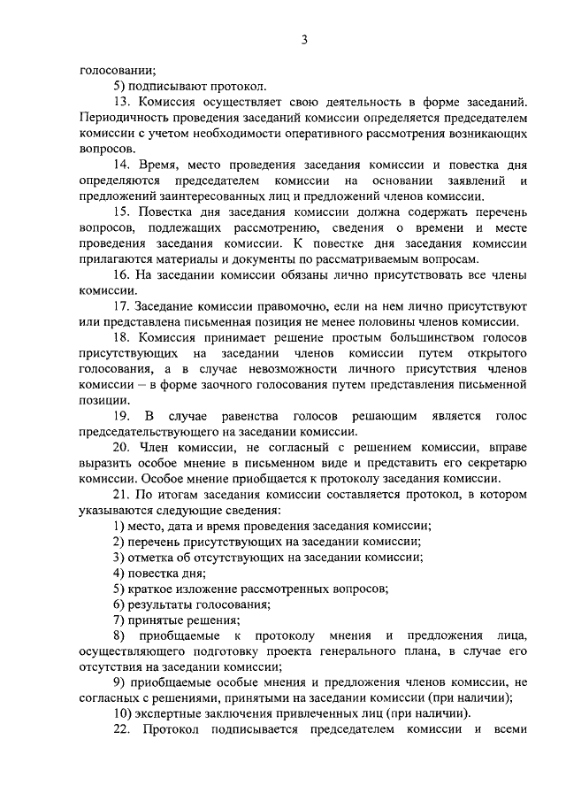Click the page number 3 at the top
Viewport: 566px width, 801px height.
303,39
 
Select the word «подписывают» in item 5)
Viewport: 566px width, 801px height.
169,87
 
